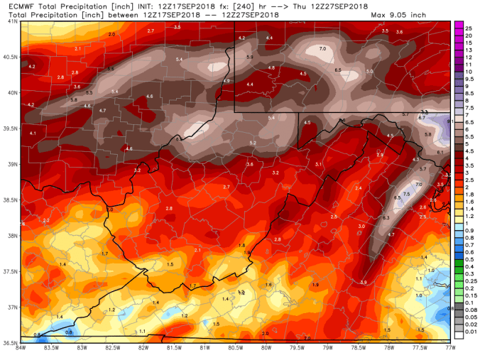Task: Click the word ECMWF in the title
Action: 15,6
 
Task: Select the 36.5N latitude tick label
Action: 10,342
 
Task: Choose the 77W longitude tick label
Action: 449,348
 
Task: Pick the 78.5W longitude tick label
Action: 359,348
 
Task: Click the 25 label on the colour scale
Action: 469,26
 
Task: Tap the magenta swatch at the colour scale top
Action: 459,25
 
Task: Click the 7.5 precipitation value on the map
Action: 407,194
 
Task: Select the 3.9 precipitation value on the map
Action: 363,282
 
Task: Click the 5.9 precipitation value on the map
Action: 249,56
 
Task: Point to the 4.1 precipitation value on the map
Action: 33,133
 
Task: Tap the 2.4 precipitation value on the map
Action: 359,187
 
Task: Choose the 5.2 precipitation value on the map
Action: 253,143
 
